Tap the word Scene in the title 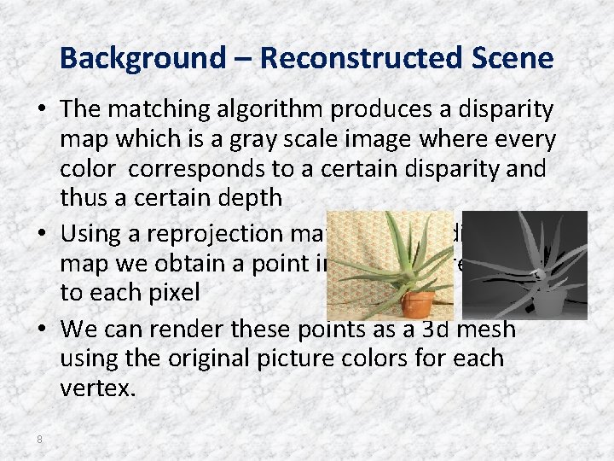516,58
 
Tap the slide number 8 39,439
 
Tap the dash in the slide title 240,60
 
